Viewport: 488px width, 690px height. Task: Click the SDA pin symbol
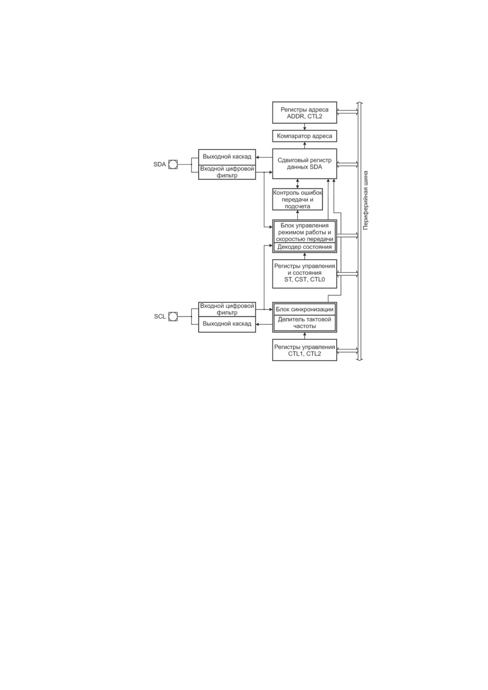173,164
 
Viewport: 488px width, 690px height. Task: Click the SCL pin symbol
173,316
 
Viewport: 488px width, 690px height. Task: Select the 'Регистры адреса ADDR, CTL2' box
305,113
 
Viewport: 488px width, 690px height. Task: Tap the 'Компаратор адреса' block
305,136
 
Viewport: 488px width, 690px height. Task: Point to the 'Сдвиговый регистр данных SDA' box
305,164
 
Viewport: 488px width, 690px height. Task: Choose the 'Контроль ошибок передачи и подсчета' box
298,199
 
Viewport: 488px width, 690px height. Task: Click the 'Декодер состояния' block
305,247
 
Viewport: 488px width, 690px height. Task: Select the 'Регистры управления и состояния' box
305,273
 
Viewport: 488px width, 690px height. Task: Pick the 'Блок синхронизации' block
305,309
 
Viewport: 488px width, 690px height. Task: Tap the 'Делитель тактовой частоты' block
305,323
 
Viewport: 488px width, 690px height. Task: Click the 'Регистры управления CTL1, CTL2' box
305,350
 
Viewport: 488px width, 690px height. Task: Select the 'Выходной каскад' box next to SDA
227,157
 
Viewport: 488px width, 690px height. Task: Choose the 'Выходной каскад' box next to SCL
227,324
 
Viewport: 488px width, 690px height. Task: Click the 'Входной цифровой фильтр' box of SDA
227,172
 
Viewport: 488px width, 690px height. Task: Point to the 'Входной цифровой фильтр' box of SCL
227,309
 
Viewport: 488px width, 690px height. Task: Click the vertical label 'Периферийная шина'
366,200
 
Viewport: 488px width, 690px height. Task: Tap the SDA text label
159,164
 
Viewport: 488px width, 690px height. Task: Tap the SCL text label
160,316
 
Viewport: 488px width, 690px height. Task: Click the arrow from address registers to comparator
305,127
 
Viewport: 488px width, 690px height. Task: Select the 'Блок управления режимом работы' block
305,232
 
